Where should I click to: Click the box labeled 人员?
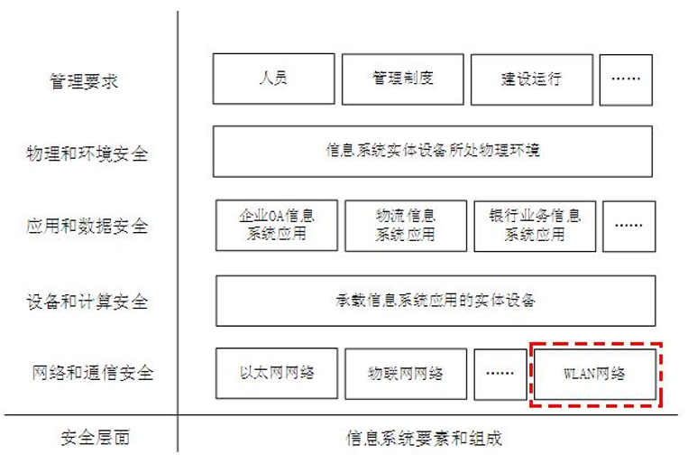coord(273,79)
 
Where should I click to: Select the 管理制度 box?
coord(402,79)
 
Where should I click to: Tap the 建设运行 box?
coord(532,79)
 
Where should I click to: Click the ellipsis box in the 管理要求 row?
coord(626,80)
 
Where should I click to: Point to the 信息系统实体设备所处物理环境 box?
coord(433,152)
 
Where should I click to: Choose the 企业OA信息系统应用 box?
coord(277,225)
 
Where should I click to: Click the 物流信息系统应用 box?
coord(406,226)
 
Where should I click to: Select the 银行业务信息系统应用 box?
coord(535,226)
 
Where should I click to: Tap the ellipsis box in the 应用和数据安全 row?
coord(629,227)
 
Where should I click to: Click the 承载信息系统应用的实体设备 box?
coord(436,301)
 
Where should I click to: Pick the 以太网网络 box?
coord(277,373)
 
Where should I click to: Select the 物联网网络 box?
coord(406,374)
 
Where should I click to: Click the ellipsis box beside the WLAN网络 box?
coord(500,374)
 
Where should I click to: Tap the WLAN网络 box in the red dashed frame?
coord(595,374)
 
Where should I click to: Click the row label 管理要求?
coord(84,81)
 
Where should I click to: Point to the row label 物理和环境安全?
coord(87,154)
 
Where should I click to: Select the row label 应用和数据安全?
coord(87,226)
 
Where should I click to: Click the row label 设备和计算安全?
coord(87,302)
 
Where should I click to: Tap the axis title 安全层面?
coord(95,438)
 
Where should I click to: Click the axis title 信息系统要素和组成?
coord(424,438)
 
